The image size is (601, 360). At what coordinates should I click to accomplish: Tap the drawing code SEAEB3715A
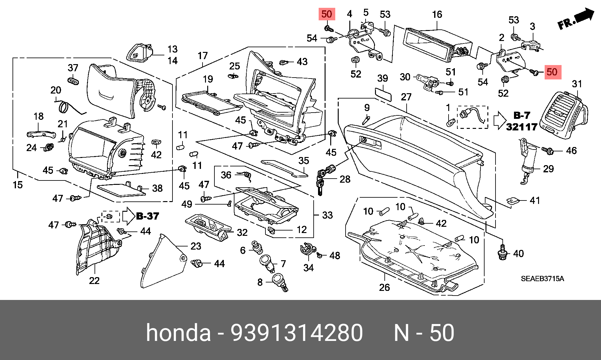click(x=542, y=279)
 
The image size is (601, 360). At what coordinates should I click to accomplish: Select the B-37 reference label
click(x=147, y=216)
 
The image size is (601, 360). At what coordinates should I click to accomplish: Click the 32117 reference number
click(x=521, y=127)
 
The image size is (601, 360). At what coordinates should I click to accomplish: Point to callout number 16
click(x=437, y=14)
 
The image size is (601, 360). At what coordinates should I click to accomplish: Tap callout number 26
click(x=384, y=287)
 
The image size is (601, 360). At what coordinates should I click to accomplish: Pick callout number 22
click(x=94, y=281)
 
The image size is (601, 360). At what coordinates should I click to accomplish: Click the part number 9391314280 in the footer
click(x=297, y=333)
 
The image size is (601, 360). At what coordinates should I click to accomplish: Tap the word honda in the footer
click(x=178, y=332)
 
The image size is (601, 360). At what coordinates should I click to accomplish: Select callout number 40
click(x=518, y=253)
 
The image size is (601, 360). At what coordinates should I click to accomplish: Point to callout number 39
click(x=383, y=78)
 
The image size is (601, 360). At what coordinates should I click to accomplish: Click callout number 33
click(x=327, y=215)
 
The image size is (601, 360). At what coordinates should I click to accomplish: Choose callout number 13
click(x=172, y=49)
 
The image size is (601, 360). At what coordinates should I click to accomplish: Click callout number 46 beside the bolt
click(x=571, y=150)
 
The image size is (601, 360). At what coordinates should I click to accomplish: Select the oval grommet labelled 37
click(x=73, y=81)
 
